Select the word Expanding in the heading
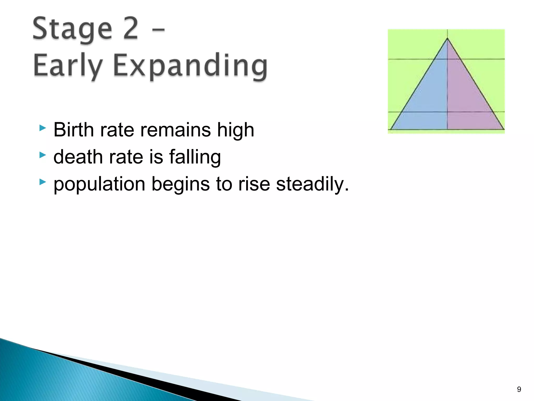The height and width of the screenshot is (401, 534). [190, 66]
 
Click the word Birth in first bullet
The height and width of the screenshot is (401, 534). [73, 130]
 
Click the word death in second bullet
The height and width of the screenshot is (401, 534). [78, 157]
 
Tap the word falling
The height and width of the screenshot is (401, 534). [195, 157]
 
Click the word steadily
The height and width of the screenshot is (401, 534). [312, 184]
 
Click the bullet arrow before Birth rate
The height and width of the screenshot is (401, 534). [43, 128]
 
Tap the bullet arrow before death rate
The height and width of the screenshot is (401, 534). [43, 155]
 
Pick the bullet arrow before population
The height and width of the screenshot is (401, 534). [43, 182]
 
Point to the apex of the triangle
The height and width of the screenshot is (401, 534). [447, 39]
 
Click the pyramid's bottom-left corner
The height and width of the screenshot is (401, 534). [391, 129]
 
